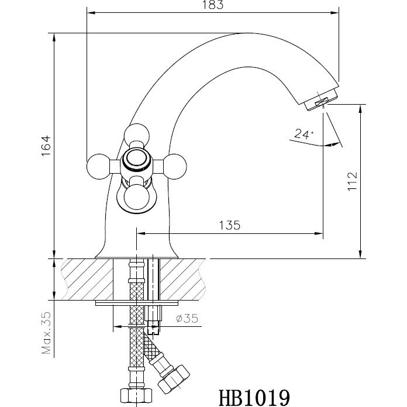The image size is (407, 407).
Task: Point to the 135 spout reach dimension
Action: tap(229, 225)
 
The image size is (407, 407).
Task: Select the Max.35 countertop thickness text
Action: tap(47, 333)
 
